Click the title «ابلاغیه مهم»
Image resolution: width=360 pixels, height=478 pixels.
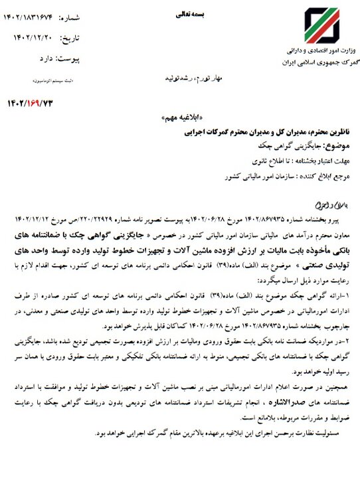pos(179,116)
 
